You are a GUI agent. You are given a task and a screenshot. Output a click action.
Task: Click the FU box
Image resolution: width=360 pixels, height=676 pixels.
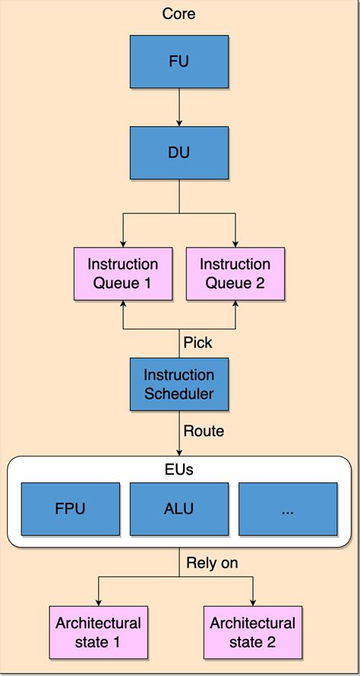(x=178, y=62)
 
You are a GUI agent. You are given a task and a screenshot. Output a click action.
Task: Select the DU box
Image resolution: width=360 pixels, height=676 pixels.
(x=178, y=153)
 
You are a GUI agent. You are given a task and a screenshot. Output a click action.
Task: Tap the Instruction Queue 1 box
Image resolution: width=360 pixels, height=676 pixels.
(x=123, y=273)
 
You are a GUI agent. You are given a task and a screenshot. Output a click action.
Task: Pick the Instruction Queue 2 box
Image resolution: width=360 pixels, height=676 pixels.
(x=235, y=273)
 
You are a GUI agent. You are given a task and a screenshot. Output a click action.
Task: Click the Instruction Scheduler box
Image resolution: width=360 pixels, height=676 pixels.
(x=178, y=384)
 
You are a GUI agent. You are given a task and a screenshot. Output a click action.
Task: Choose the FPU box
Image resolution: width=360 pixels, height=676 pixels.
(x=70, y=509)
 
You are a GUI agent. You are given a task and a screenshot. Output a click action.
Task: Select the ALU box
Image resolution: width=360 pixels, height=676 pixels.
(x=178, y=509)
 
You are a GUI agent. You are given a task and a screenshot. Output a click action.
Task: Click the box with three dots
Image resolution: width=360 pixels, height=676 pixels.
(x=288, y=509)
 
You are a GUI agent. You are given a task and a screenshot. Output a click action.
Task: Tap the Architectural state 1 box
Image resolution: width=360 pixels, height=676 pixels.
(x=98, y=632)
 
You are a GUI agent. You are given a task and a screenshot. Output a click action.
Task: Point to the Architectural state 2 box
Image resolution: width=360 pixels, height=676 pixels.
(x=253, y=632)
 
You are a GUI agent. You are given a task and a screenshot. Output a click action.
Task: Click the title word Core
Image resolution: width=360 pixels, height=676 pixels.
(x=178, y=14)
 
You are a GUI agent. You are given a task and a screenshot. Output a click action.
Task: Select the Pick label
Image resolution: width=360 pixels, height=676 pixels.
(x=197, y=343)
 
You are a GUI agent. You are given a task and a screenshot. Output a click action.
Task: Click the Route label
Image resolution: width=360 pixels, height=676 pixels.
(x=204, y=431)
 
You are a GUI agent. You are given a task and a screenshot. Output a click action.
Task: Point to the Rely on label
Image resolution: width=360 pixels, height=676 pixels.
(x=212, y=563)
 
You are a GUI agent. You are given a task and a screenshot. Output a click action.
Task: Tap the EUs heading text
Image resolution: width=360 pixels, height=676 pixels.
(x=178, y=469)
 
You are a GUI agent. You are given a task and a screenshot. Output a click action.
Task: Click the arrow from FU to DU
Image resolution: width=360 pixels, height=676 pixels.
(x=178, y=106)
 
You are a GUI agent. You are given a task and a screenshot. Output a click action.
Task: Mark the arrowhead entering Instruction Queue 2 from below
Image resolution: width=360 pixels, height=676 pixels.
(x=235, y=305)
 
